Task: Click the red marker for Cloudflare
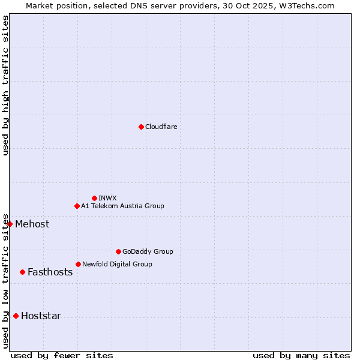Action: click(141, 127)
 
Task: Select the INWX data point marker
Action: click(94, 198)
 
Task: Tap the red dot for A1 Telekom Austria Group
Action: click(77, 206)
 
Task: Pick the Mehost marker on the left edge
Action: click(10, 224)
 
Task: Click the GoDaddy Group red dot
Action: click(118, 251)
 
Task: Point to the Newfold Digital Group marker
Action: click(78, 264)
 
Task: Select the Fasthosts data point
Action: click(22, 272)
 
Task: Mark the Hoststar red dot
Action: click(16, 316)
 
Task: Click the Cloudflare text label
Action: click(161, 127)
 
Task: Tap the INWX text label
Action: click(107, 198)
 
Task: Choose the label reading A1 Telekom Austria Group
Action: click(122, 206)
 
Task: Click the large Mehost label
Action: click(32, 224)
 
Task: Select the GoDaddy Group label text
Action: click(148, 251)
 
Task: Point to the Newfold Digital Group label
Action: click(117, 264)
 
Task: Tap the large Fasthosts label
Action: click(50, 272)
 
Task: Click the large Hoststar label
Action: click(41, 316)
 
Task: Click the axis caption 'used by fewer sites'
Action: click(62, 355)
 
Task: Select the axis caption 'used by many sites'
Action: click(301, 355)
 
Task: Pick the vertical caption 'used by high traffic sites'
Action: click(6, 85)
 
